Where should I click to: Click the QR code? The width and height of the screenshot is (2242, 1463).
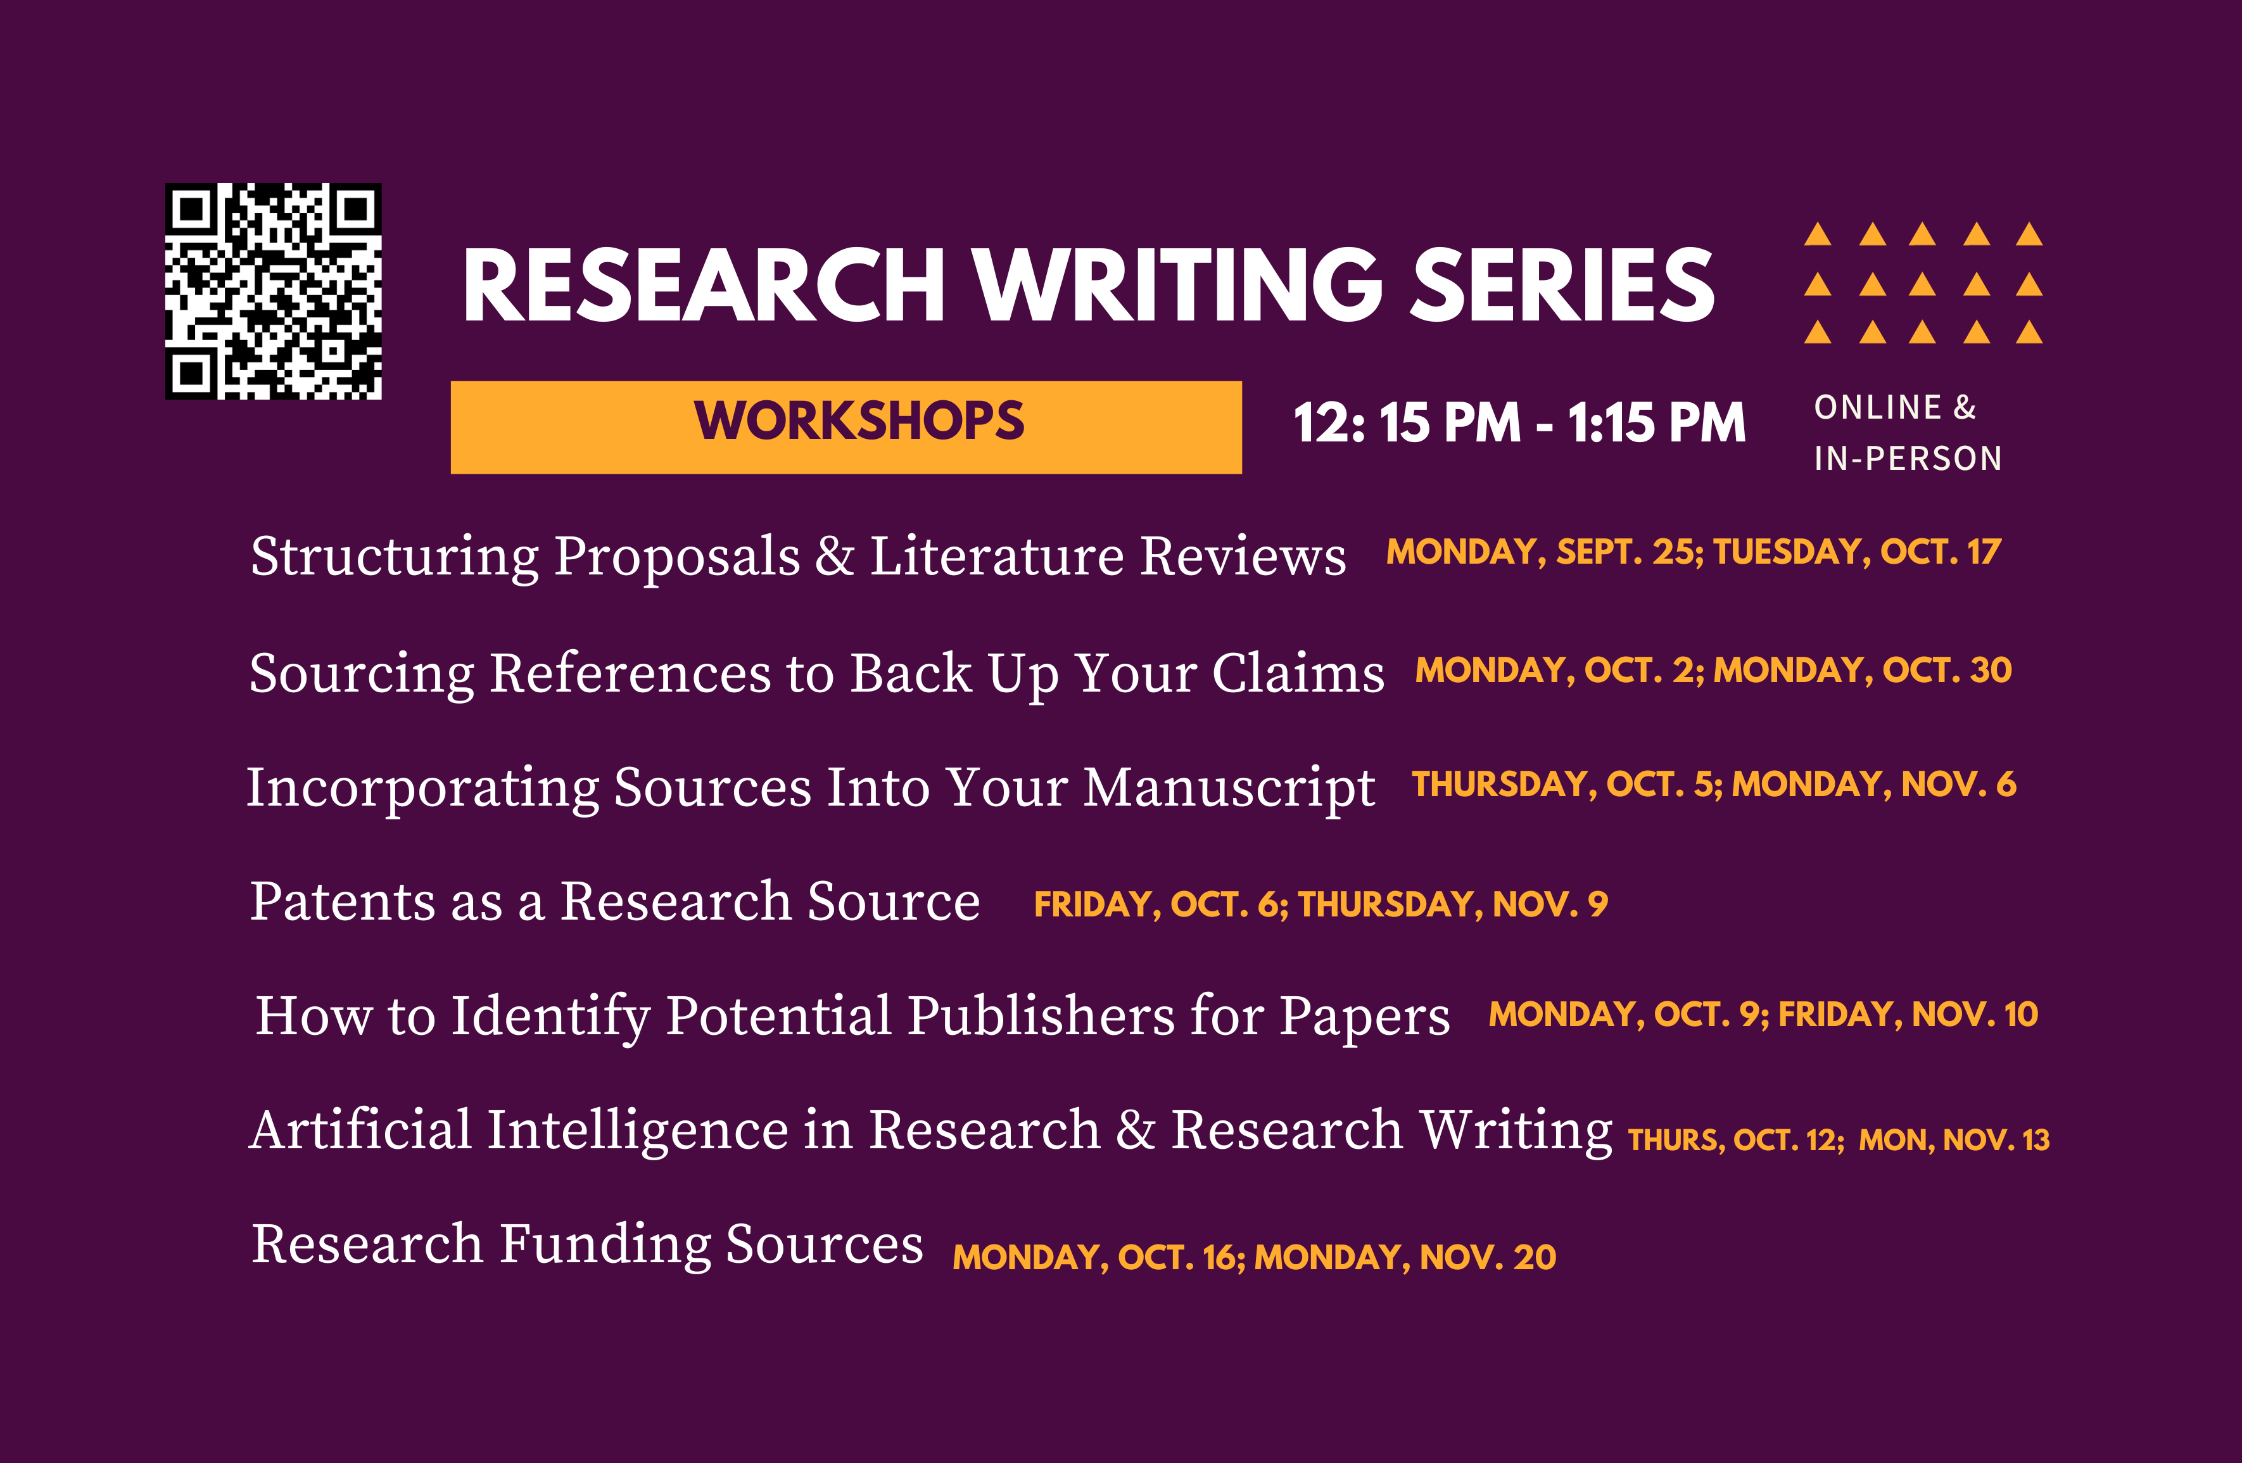click(273, 291)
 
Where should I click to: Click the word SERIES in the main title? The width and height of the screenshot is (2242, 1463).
click(1562, 286)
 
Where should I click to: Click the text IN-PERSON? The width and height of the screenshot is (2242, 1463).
click(1908, 459)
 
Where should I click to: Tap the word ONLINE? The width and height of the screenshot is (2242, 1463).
click(1877, 408)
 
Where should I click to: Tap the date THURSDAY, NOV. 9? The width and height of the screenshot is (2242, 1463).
click(1453, 904)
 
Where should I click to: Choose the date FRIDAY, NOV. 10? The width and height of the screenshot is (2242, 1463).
click(1908, 1015)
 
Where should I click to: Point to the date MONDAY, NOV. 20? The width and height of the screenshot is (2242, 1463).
click(1405, 1258)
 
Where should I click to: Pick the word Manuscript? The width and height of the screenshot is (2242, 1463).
click(1229, 788)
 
